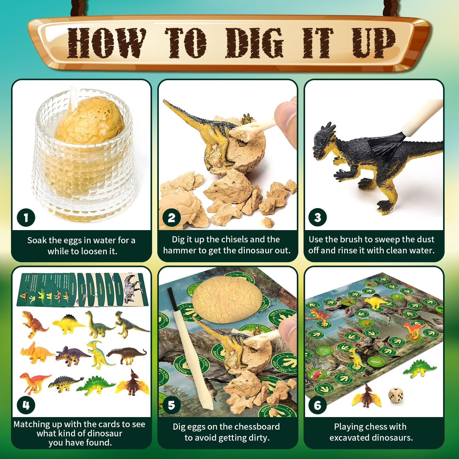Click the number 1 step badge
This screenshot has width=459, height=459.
[x=26, y=218]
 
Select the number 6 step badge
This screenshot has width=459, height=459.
[x=318, y=405]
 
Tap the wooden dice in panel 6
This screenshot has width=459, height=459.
[x=395, y=395]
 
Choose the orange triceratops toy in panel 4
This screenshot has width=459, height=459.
[x=36, y=353]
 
